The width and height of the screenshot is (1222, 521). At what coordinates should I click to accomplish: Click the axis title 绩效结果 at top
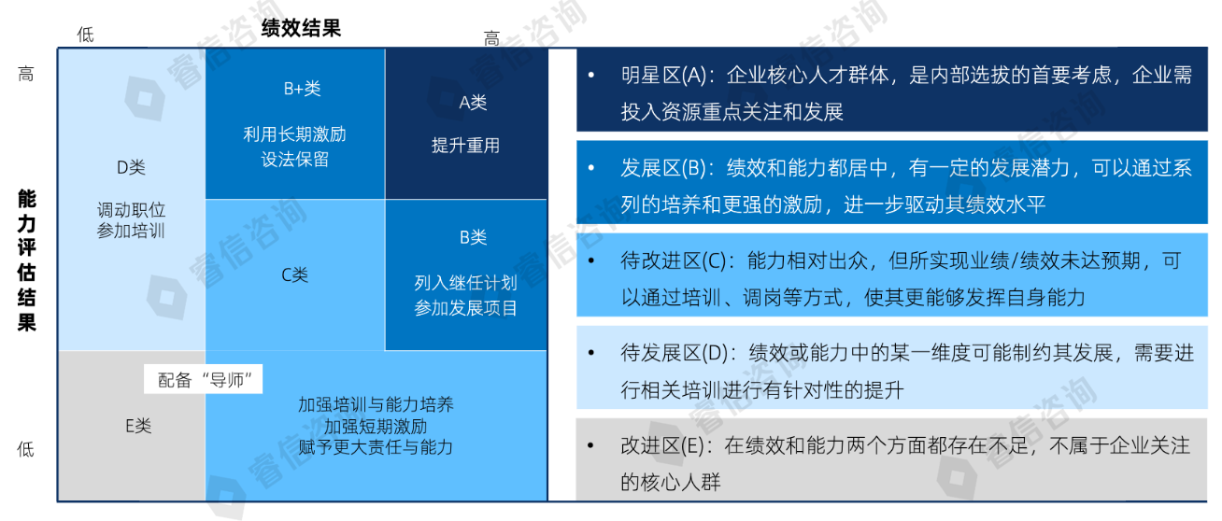coord(301,28)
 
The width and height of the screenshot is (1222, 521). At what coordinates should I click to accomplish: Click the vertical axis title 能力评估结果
coord(26,260)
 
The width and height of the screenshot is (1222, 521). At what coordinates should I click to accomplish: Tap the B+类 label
coord(302,89)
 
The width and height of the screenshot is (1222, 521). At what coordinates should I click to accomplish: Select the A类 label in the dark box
coord(473,102)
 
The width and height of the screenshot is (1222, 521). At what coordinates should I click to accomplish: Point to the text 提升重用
coord(465,145)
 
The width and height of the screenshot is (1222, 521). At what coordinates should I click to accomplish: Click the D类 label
coord(131,167)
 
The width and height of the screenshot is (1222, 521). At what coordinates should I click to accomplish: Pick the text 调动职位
coord(131,209)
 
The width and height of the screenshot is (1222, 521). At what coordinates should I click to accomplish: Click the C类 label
coord(294,275)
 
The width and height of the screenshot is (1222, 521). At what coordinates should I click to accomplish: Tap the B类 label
coord(473,237)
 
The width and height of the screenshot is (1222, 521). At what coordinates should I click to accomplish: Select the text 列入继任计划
coord(465,282)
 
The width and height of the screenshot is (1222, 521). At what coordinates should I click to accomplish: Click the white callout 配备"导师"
coord(203,379)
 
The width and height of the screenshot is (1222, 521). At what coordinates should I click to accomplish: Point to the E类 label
coord(138,425)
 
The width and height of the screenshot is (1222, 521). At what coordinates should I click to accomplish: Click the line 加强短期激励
coord(376,426)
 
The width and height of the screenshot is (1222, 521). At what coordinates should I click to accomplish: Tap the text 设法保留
coord(294,159)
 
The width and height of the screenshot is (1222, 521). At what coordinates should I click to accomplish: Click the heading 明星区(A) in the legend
coord(664,75)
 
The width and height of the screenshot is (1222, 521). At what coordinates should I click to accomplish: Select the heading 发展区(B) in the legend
coord(664,167)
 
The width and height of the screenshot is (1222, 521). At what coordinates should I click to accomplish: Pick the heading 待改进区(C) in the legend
coord(674,260)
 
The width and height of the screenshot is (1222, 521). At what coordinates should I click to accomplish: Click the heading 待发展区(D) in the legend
coord(675,353)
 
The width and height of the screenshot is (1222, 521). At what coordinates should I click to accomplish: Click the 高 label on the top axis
coord(491,38)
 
